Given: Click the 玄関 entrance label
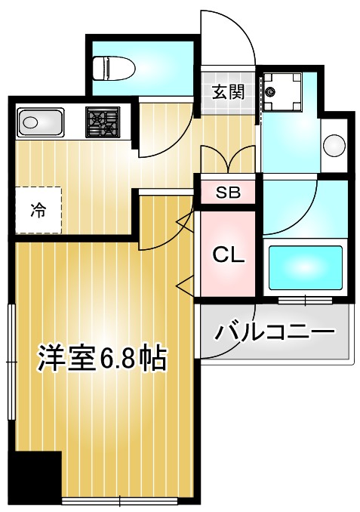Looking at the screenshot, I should (227, 92).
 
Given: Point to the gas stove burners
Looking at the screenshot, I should (103, 122).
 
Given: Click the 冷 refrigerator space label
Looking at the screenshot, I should (37, 211).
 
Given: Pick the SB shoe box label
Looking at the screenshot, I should (227, 193).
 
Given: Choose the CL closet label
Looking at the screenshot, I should (227, 254).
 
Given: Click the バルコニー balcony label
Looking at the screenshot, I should (274, 332).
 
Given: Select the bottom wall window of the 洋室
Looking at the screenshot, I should (121, 501).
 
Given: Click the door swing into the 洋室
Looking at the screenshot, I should (162, 230).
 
